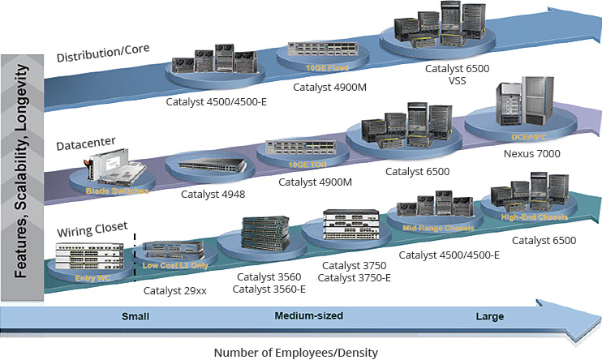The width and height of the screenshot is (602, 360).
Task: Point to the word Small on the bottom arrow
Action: tap(136, 316)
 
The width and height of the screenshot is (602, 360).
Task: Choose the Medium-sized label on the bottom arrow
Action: tap(308, 315)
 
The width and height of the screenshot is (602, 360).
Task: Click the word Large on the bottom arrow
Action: tap(490, 316)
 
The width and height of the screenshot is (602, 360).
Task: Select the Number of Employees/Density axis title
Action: tap(296, 352)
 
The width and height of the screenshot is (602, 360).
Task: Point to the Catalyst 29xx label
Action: tap(172, 289)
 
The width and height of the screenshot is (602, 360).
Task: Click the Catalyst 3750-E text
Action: tap(354, 278)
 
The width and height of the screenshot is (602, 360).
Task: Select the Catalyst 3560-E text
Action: tap(264, 288)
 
